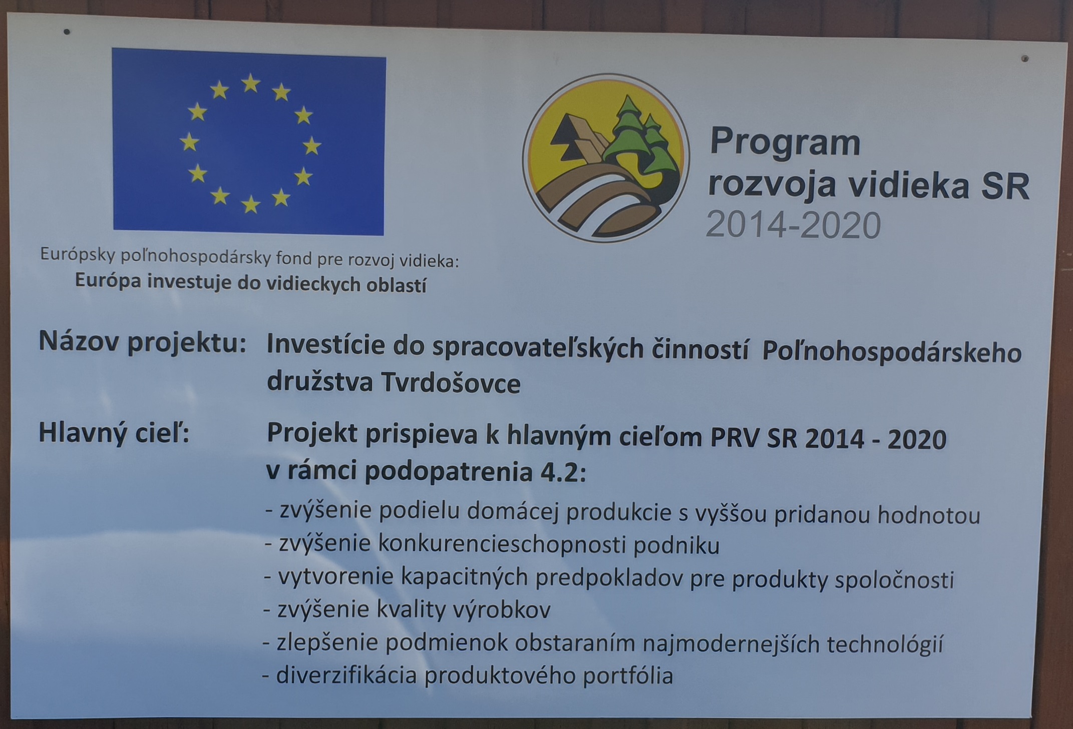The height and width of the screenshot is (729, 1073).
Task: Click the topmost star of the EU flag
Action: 251,83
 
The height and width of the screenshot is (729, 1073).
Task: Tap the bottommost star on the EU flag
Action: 250,204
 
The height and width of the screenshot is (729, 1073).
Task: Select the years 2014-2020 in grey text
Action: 793,225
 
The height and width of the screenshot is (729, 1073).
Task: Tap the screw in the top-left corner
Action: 67,32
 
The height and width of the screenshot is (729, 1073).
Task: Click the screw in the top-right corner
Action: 1025,59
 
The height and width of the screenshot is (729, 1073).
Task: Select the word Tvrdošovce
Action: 451,384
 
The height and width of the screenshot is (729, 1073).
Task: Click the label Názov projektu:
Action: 143,343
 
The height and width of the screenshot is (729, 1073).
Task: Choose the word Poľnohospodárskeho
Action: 892,353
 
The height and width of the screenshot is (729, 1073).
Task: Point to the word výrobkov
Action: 502,610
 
